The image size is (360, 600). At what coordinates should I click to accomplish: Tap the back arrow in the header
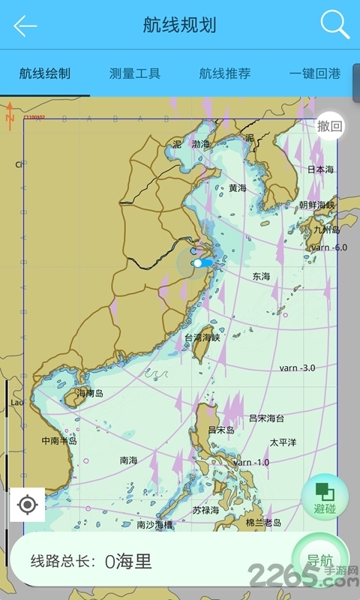coord(25,25)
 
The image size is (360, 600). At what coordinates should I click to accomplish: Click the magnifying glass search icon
coord(334,25)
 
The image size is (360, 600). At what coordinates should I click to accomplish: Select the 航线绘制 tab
coord(45,73)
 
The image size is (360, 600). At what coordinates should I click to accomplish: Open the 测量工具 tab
coord(135,73)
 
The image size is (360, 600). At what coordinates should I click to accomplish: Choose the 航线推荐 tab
coord(225,73)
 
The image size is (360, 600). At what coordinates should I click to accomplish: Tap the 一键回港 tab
coord(315,73)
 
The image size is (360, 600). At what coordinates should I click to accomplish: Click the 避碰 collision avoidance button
coord(325,496)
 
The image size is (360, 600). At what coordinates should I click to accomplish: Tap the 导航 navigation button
coord(320,560)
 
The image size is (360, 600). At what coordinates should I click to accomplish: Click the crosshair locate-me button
coord(28,505)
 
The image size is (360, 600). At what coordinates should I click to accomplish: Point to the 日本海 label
coord(321,169)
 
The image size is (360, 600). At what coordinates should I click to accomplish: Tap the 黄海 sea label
coord(238,188)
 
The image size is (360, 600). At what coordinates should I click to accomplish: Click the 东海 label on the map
coord(261,276)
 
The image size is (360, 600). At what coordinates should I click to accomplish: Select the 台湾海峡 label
coord(202,338)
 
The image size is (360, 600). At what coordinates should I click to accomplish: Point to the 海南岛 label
coord(90,393)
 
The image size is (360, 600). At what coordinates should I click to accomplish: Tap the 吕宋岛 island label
coord(221,430)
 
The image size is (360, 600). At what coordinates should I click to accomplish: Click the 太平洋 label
coord(283,442)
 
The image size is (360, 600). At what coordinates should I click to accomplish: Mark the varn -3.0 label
coord(297,368)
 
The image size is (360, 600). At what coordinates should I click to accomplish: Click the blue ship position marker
coord(201,263)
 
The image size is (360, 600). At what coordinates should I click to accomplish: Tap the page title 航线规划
coord(180,25)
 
